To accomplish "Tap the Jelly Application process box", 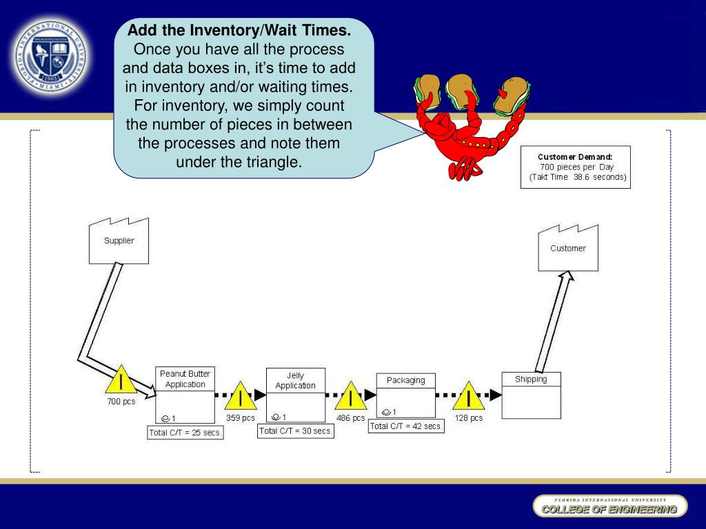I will click(295, 395).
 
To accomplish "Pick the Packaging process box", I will click(405, 395).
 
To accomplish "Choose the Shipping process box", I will click(531, 395).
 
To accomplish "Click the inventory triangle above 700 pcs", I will click(121, 380).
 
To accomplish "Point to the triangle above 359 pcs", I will click(241, 397).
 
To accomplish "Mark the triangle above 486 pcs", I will click(351, 397).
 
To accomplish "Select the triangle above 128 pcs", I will click(469, 397).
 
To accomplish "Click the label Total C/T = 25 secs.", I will click(185, 433).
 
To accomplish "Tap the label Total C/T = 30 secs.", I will click(296, 431).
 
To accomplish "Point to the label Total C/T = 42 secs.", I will click(406, 426).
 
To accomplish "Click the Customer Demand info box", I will click(575, 167).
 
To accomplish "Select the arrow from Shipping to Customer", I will click(552, 320).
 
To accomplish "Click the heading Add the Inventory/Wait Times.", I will click(239, 31).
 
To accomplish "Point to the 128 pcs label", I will click(469, 418).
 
